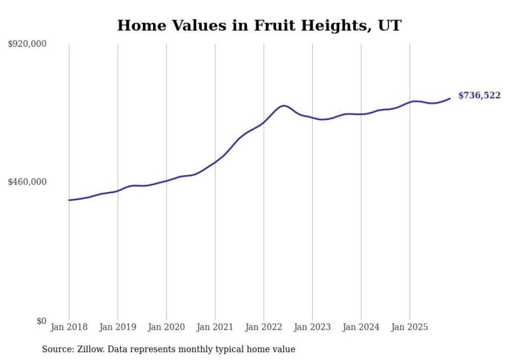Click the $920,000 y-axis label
tap(27, 44)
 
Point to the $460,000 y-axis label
tap(27, 182)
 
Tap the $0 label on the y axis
tap(41, 321)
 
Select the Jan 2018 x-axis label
tap(69, 327)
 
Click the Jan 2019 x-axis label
tap(117, 327)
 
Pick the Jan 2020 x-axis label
tap(166, 327)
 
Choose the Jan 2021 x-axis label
tap(215, 327)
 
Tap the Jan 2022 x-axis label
tap(264, 327)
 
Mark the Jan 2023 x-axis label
tap(312, 327)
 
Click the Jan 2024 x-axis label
tap(361, 327)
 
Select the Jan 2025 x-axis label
tap(410, 327)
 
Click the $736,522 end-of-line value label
tap(479, 95)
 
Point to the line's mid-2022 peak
tap(284, 106)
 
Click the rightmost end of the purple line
tap(450, 98)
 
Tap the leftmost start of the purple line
tap(69, 200)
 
